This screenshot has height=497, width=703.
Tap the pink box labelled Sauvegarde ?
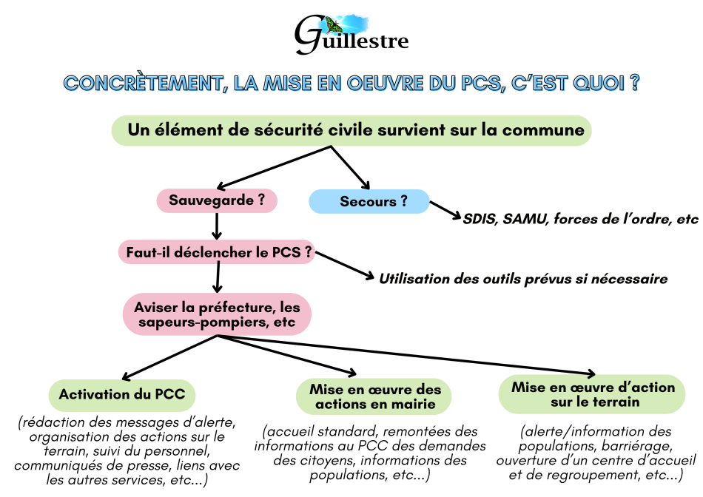click(x=217, y=200)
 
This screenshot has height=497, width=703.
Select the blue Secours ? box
click(x=369, y=201)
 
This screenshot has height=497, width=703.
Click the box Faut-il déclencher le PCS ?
click(x=216, y=252)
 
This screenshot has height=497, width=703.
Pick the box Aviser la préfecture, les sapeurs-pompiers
click(x=216, y=314)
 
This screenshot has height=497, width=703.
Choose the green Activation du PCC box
click(x=122, y=394)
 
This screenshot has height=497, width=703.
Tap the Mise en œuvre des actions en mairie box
click(x=374, y=396)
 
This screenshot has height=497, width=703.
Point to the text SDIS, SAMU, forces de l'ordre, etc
click(x=580, y=220)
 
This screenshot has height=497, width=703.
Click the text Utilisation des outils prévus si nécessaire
click(x=523, y=279)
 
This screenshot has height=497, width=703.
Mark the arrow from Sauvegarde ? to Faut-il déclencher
click(x=217, y=226)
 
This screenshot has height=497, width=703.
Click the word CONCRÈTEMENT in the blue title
click(x=141, y=83)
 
